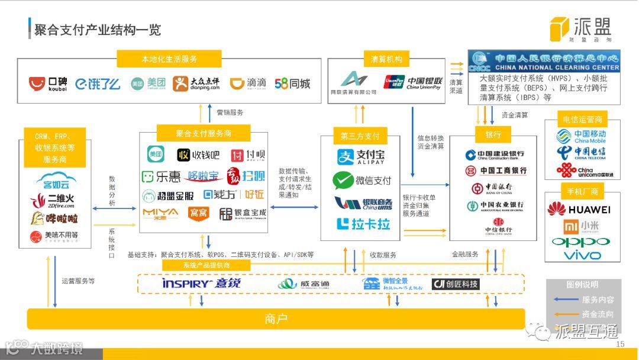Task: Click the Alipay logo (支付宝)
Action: [360, 157]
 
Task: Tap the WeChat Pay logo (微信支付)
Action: [362, 180]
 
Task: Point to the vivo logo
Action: [582, 256]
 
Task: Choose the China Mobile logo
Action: [582, 137]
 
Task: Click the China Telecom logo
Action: [582, 153]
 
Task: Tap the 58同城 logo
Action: [292, 83]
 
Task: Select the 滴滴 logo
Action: [248, 83]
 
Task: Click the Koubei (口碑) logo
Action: [49, 84]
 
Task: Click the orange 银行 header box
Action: [493, 135]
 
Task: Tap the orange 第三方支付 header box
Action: [360, 136]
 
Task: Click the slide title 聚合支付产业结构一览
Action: [98, 30]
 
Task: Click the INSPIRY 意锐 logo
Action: [201, 284]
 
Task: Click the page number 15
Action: [620, 345]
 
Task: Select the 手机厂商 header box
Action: [582, 191]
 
